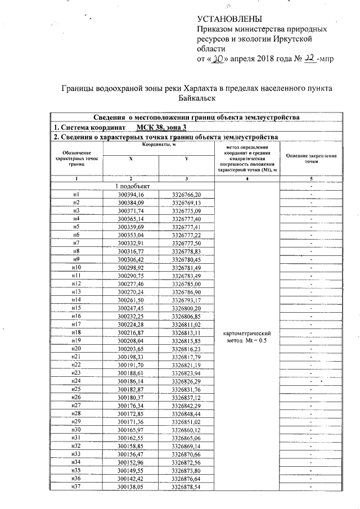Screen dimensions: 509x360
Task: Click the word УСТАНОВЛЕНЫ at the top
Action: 223,19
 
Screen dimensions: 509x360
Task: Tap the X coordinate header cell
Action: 131,159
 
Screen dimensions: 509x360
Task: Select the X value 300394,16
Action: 131,194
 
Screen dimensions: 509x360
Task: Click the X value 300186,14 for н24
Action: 131,381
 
